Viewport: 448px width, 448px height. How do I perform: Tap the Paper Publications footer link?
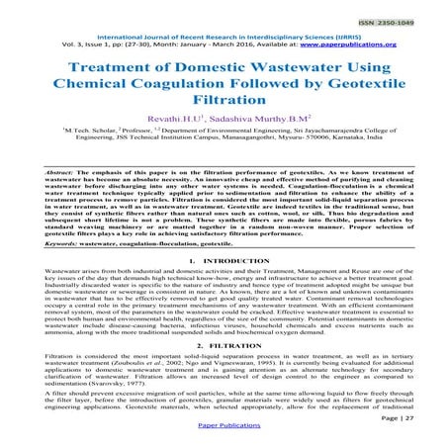click(x=224, y=440)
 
